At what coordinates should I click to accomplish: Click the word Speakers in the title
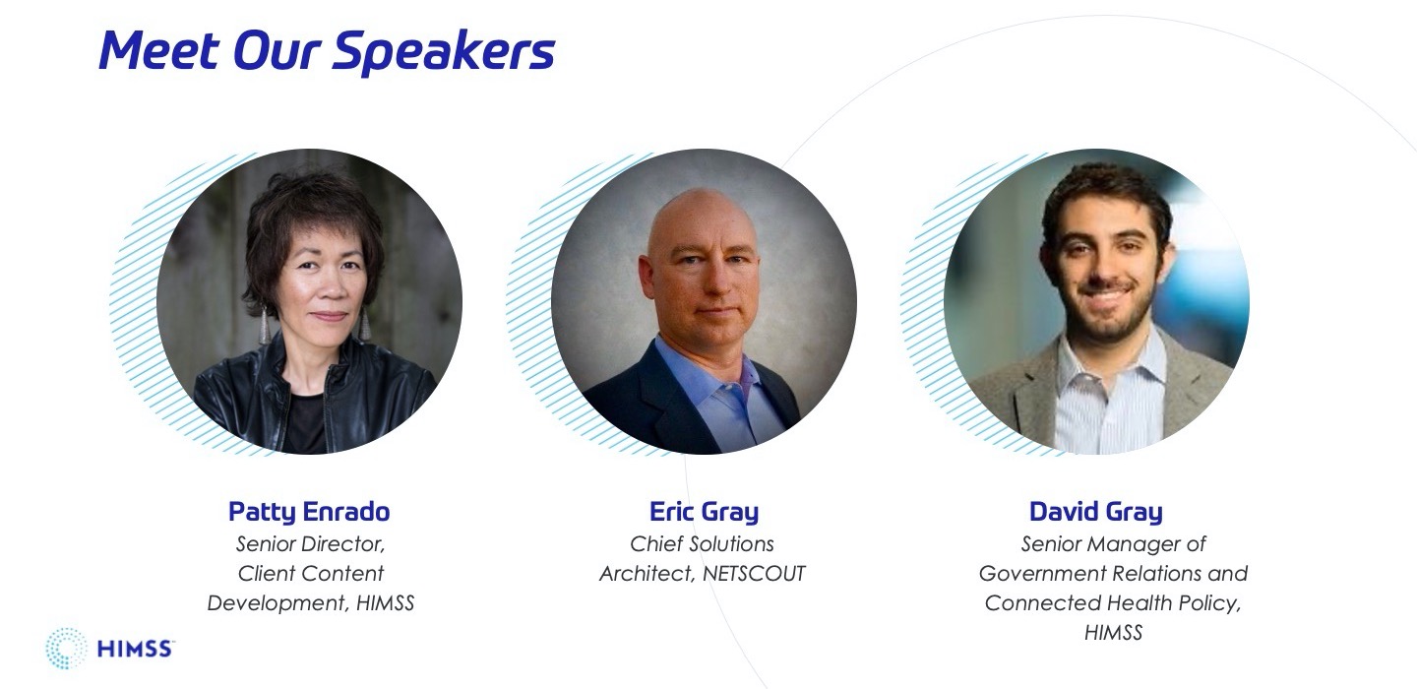pos(444,52)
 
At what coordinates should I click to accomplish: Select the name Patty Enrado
pos(309,512)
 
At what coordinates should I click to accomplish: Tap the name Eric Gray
pos(705,512)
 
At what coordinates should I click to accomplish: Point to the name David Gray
pos(1096,512)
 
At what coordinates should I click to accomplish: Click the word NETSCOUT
pos(754,573)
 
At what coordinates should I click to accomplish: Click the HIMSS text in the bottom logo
pos(134,650)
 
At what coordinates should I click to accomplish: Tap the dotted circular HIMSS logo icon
pos(66,649)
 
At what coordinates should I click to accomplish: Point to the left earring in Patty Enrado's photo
pos(264,325)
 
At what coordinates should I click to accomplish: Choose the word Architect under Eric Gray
pos(647,574)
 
